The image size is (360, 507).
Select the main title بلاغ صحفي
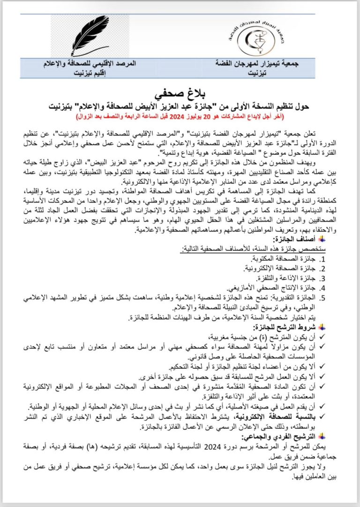tap(180, 89)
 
